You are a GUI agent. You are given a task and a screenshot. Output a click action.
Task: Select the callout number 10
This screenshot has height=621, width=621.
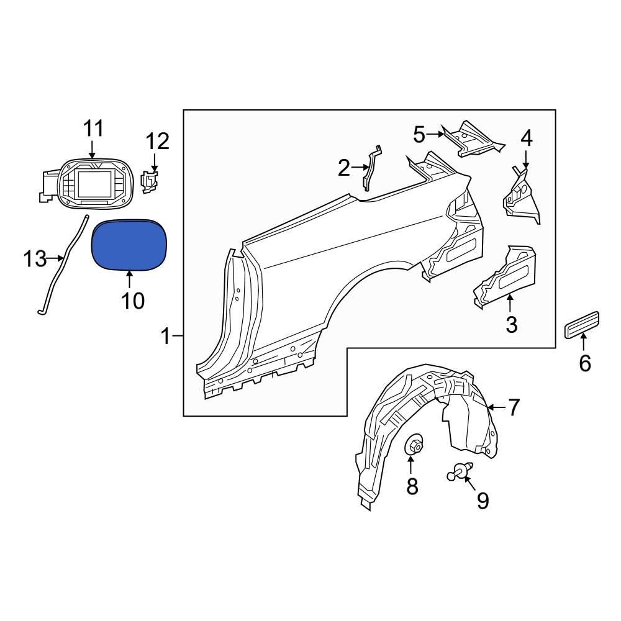132,301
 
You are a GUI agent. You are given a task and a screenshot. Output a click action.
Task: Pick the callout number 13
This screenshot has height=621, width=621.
36,258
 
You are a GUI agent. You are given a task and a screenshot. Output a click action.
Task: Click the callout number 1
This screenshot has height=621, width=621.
165,337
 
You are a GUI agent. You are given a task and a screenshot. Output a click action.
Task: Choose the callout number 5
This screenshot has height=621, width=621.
419,134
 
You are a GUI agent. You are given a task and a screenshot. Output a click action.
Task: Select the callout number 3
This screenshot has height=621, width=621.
511,324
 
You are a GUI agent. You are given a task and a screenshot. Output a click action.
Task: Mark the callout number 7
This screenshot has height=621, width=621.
514,407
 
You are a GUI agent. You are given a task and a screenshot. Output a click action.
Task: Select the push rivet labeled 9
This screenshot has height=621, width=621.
461,473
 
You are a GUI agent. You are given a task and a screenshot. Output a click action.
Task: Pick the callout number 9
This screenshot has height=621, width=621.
483,501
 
